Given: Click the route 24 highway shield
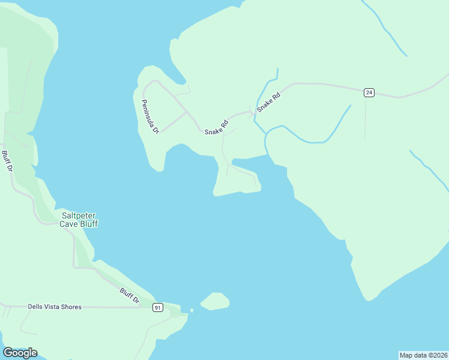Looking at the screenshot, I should [x=369, y=92].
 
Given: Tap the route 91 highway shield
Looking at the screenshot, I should [x=158, y=307].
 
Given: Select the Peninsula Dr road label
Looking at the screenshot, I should [x=150, y=116].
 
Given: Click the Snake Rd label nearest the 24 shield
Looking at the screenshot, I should [x=268, y=103].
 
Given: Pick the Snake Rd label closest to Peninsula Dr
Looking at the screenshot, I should [x=216, y=128].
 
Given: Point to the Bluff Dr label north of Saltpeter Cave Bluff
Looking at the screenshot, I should [x=7, y=161].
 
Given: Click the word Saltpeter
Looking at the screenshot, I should [x=79, y=215].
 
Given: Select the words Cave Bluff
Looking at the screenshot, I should [x=78, y=224].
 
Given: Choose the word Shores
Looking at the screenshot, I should [x=73, y=307].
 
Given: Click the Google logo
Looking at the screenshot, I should [x=20, y=353].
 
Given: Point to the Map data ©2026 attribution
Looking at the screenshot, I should [x=423, y=355].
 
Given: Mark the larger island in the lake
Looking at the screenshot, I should [x=215, y=301].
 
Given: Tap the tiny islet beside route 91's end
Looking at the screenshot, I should [x=191, y=310].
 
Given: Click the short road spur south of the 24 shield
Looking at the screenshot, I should [x=365, y=117].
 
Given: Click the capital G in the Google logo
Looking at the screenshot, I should [x=8, y=353].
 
